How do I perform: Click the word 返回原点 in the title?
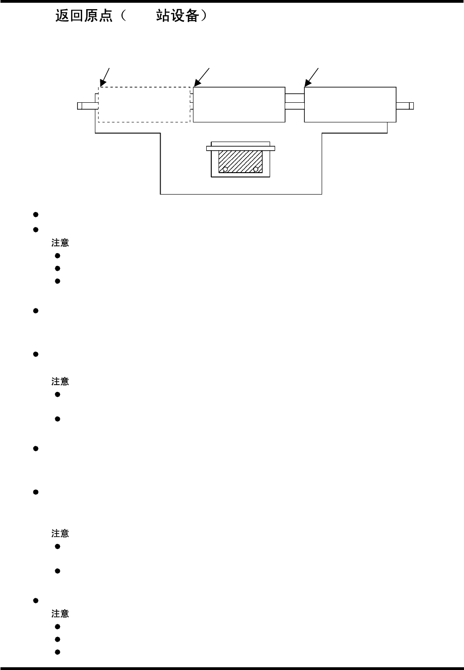(x=84, y=16)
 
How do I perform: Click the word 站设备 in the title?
(x=177, y=16)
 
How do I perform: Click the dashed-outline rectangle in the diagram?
(x=144, y=105)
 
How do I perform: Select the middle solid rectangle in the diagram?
(x=239, y=105)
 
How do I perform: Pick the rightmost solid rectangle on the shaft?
(x=350, y=105)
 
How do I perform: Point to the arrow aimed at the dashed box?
(x=105, y=76)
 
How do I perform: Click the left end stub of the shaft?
(x=86, y=106)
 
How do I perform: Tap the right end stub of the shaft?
(x=405, y=106)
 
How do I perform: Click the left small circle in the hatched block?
(x=225, y=169)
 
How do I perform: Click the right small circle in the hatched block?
(x=255, y=169)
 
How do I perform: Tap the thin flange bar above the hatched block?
(x=240, y=148)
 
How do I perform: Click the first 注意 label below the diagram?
(x=60, y=243)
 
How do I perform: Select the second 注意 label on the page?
(x=60, y=381)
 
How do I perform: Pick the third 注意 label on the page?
(x=60, y=533)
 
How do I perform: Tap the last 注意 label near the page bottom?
(x=60, y=614)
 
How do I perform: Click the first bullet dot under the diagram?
(x=35, y=215)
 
